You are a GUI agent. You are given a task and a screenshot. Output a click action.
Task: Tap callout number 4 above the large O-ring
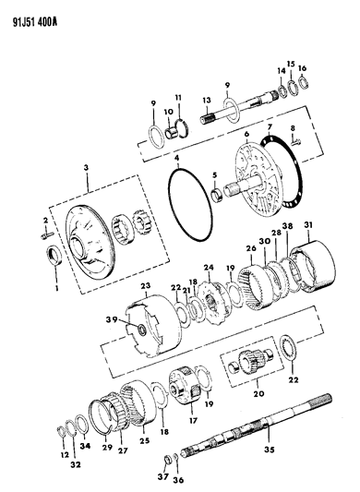pos(176,158)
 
